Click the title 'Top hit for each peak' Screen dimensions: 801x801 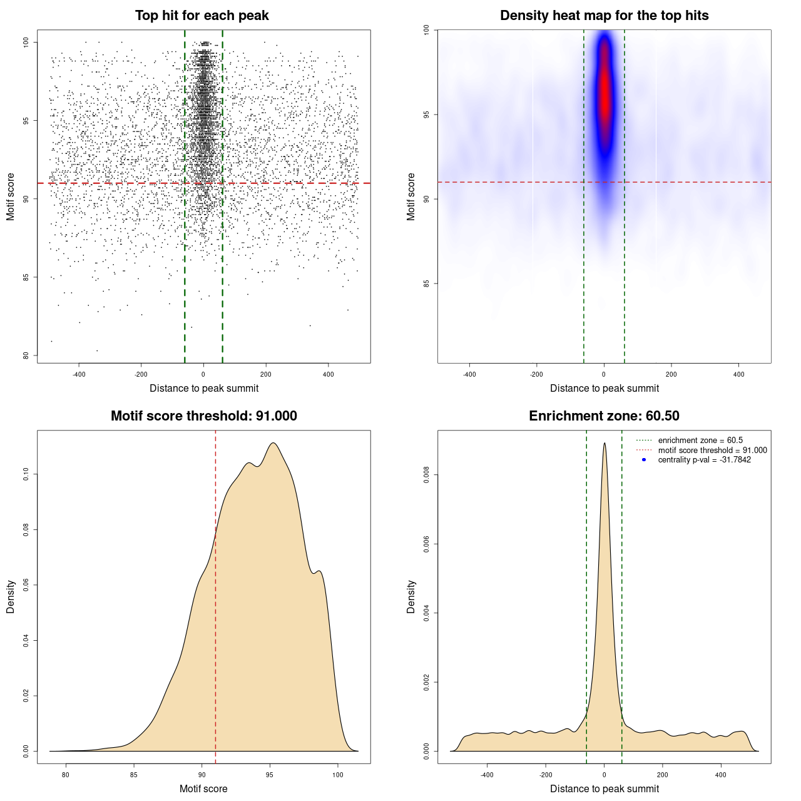tap(202, 16)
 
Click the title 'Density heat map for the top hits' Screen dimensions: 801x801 tap(604, 16)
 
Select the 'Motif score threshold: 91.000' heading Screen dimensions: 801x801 tap(203, 416)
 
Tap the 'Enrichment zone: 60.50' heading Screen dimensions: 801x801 tap(604, 416)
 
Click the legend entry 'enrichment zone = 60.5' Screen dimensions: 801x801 tap(700, 441)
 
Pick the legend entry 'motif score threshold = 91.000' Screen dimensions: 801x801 tap(712, 450)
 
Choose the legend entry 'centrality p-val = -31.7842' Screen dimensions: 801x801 tap(704, 460)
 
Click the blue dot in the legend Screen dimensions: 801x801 tap(644, 460)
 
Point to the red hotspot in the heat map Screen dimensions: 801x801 tap(605, 94)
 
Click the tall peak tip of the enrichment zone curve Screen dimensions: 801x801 tap(605, 444)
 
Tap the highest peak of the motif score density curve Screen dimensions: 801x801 tap(273, 443)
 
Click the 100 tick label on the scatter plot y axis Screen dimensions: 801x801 tap(26, 42)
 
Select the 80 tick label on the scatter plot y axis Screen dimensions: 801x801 tap(26, 355)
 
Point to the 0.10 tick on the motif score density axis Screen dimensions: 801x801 tap(26, 474)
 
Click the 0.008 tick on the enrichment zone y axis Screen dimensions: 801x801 tap(427, 475)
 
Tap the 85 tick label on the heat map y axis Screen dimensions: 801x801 tap(427, 283)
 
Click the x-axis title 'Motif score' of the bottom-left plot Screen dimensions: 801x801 tap(203, 788)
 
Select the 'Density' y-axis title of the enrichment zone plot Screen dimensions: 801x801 tap(411, 596)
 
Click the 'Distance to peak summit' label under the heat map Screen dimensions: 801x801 tap(605, 388)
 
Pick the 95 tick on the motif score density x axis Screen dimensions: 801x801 tap(270, 775)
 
